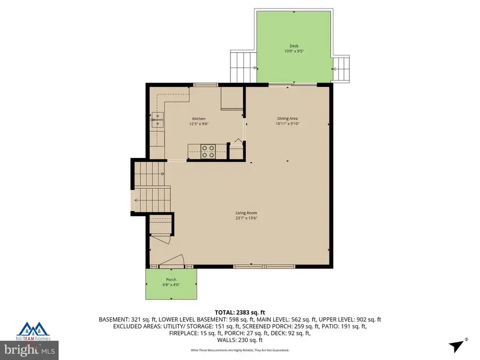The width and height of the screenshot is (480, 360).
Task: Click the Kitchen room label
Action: coord(198,118)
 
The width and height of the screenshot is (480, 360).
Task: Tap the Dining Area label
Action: coord(287,118)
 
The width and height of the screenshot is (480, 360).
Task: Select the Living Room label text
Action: coord(242,213)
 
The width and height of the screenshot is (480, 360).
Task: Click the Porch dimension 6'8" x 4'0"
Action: coord(171,285)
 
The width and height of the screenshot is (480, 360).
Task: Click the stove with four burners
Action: coord(207,151)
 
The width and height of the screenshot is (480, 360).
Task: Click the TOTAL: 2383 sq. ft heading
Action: coord(240,312)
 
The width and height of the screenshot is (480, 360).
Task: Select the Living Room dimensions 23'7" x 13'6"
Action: coord(242,218)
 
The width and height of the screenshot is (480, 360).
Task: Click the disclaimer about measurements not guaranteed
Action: coord(240,350)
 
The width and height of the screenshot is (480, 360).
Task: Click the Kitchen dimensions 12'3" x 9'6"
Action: coord(198,124)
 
